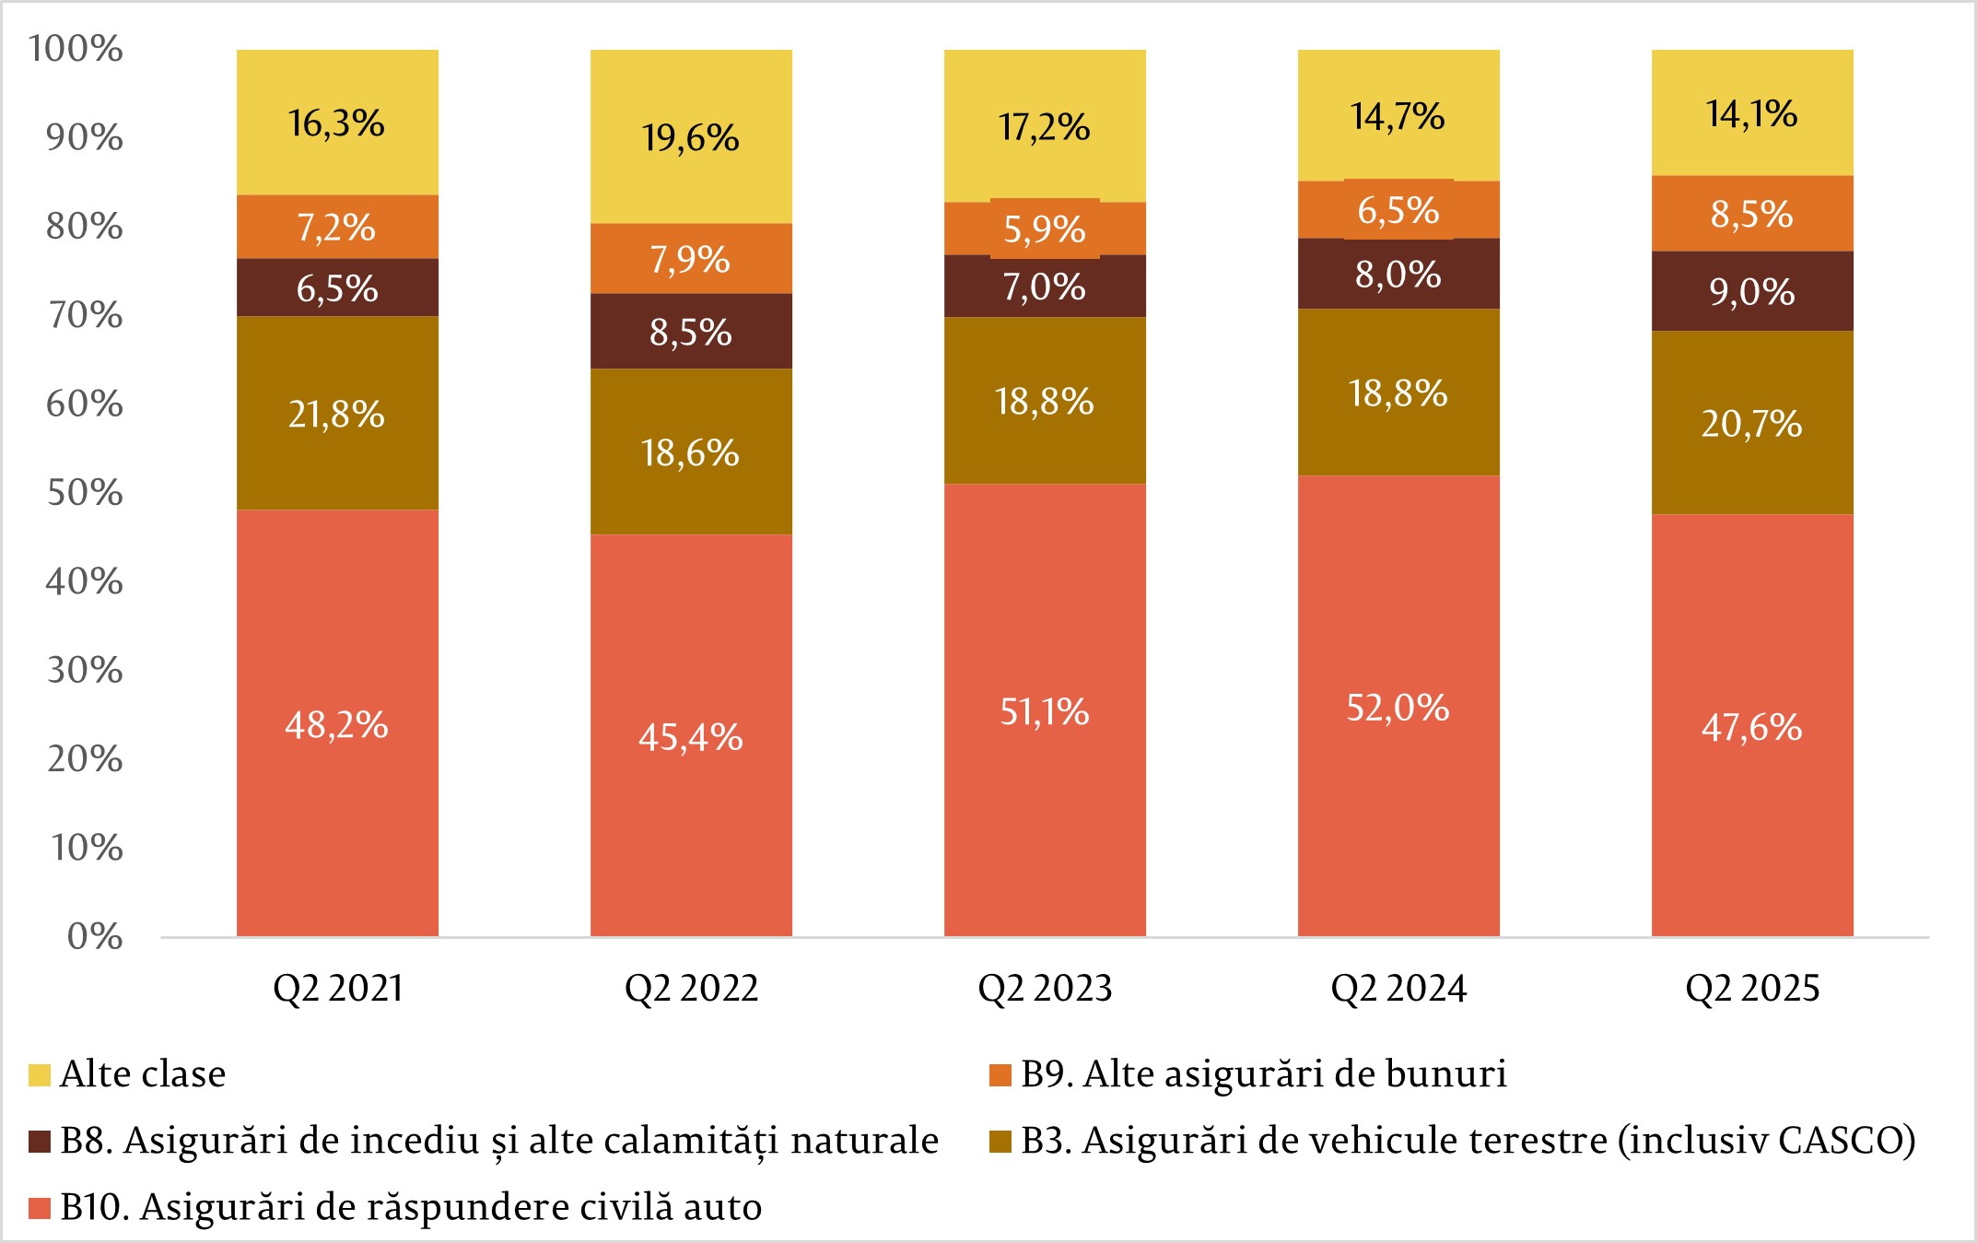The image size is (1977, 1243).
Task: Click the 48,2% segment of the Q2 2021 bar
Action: click(337, 724)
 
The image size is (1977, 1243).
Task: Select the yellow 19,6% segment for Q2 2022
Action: click(691, 138)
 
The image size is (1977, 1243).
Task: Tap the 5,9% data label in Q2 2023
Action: click(1045, 229)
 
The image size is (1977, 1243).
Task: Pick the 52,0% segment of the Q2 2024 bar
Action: click(1398, 707)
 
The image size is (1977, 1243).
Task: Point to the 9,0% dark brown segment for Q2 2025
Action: click(1752, 291)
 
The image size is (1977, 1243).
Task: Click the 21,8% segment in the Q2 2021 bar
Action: click(337, 414)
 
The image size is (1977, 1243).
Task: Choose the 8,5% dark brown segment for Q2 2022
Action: click(691, 332)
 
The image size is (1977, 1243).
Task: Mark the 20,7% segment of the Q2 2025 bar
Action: click(1752, 423)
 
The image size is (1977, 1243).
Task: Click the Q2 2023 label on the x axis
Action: click(1045, 989)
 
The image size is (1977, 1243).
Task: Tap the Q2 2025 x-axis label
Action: click(1752, 989)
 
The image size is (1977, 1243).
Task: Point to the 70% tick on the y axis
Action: click(85, 315)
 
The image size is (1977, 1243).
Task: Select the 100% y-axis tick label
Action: click(76, 49)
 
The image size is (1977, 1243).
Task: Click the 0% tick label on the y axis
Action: click(95, 937)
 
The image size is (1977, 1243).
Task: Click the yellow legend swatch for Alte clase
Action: click(40, 1075)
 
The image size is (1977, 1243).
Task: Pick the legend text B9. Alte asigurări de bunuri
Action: click(1264, 1074)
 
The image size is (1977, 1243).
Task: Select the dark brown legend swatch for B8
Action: click(40, 1142)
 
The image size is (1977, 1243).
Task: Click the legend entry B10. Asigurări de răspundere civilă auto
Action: click(411, 1207)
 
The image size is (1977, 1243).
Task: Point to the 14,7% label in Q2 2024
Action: click(1398, 117)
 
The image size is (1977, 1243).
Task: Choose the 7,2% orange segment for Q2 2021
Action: click(337, 227)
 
